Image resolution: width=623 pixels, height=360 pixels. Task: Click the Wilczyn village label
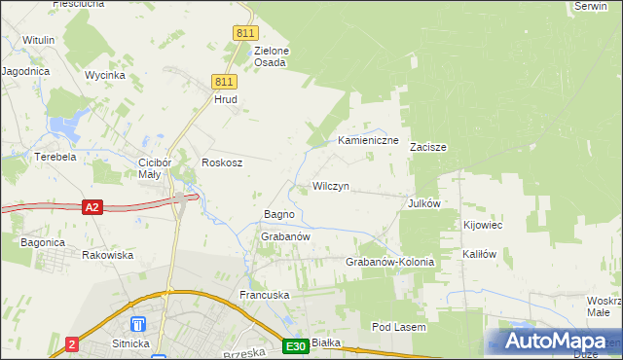click(x=330, y=186)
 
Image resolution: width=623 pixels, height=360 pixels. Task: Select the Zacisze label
click(x=427, y=148)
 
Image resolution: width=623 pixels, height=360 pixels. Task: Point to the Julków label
click(x=424, y=204)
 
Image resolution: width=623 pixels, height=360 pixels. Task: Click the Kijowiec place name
click(x=483, y=226)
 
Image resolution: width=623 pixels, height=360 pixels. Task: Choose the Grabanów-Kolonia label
click(x=389, y=263)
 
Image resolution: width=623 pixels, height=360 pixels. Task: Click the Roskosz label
click(x=221, y=162)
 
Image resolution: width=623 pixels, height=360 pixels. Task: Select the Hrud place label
click(x=226, y=99)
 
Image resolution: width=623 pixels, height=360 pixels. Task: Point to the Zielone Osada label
click(x=271, y=56)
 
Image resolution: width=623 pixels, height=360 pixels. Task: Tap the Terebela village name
click(x=55, y=156)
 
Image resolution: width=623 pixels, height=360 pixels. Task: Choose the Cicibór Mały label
click(x=156, y=168)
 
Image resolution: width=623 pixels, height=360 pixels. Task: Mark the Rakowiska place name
click(x=108, y=255)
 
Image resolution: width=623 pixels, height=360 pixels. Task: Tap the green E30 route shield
click(x=297, y=345)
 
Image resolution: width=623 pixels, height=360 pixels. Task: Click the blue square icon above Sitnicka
click(x=138, y=323)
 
